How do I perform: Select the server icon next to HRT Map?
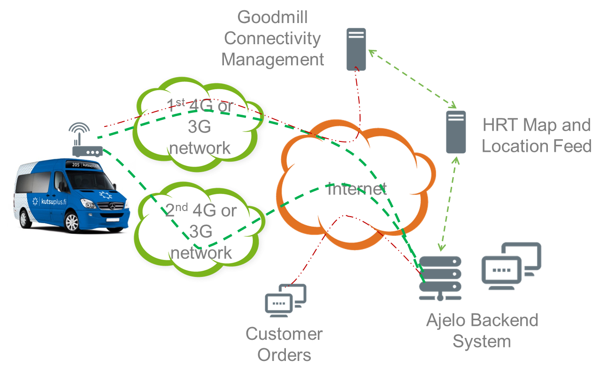[x=455, y=132]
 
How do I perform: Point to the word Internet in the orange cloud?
[x=357, y=189]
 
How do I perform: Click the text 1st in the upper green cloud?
[x=176, y=105]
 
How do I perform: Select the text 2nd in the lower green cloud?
[x=177, y=210]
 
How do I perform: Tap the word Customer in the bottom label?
[x=284, y=334]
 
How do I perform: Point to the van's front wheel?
[x=72, y=222]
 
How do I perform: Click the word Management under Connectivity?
[x=272, y=60]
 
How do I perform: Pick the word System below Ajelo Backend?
[x=481, y=341]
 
